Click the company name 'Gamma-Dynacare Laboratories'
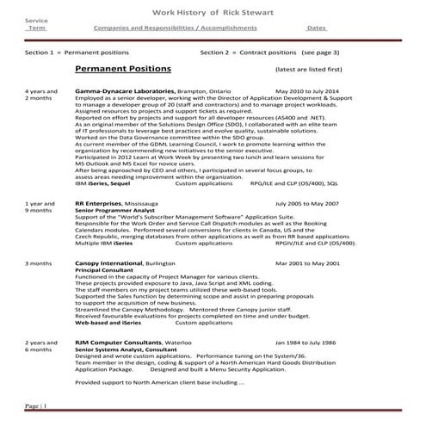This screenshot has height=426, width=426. tap(126, 90)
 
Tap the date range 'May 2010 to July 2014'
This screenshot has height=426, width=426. tap(307, 90)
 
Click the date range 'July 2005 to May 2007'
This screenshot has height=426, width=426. tap(308, 203)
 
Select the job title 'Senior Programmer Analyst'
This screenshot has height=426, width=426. tap(109, 210)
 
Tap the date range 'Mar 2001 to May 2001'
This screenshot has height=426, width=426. tap(307, 263)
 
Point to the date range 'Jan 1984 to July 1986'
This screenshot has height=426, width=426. tap(308, 342)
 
